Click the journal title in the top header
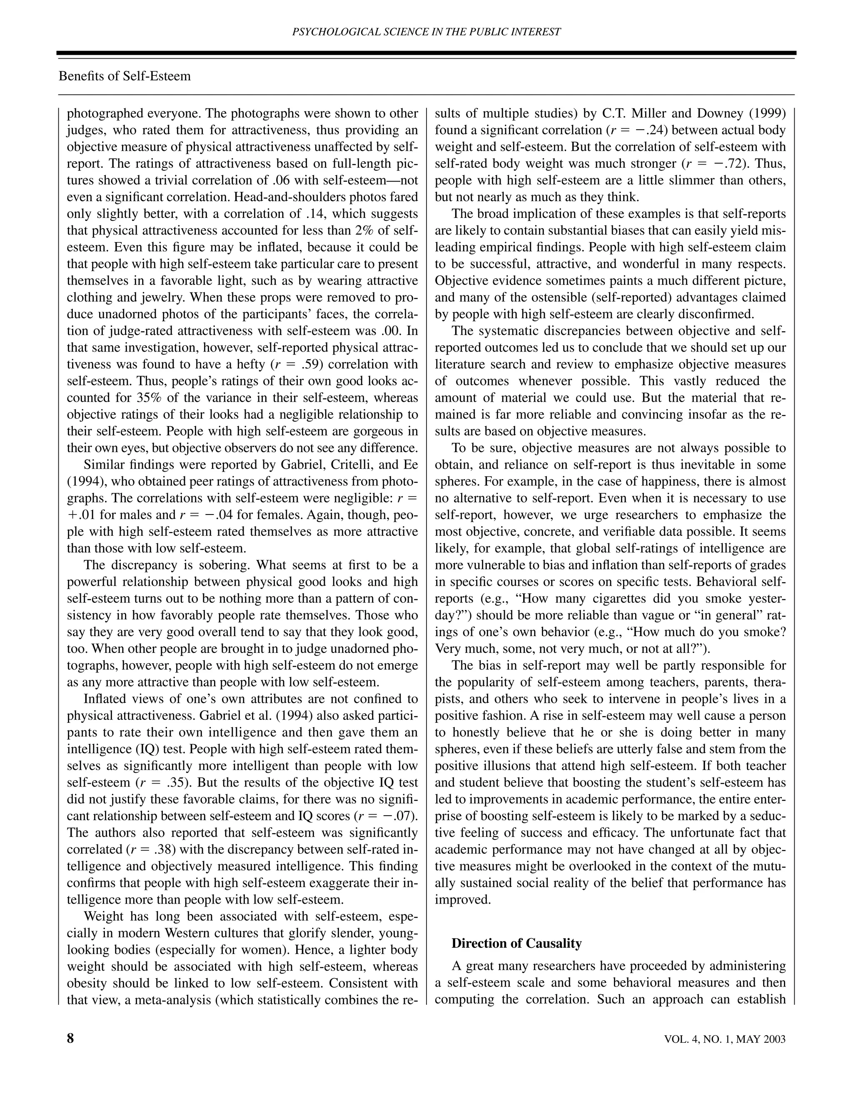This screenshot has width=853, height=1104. tap(426, 32)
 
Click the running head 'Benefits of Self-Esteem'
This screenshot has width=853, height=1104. tap(125, 76)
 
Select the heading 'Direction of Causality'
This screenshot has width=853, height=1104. tap(516, 943)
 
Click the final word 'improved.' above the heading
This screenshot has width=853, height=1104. tap(463, 900)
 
